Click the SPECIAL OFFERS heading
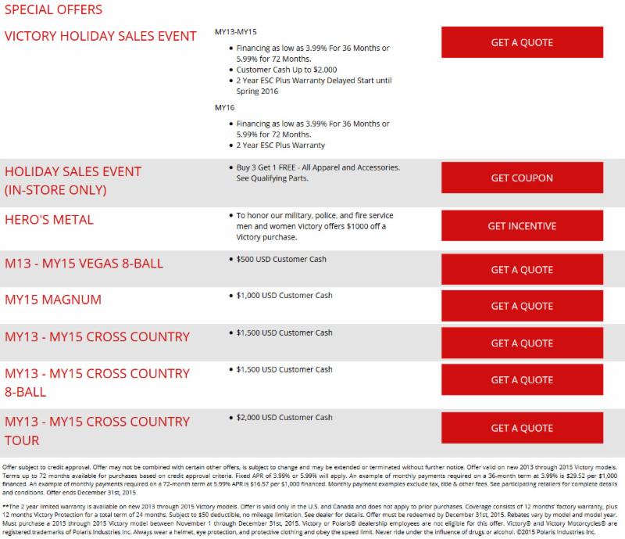coord(52,11)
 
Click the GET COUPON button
coord(521,178)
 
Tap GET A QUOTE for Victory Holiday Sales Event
coord(521,42)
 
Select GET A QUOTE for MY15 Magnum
coord(521,306)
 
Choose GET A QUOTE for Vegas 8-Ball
coord(521,269)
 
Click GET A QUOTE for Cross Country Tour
coord(521,428)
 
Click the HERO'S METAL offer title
coord(49,220)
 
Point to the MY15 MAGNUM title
coord(53,300)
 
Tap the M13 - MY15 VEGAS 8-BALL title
coord(84,263)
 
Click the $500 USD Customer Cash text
coord(282,258)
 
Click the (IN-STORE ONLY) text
coord(56,189)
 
